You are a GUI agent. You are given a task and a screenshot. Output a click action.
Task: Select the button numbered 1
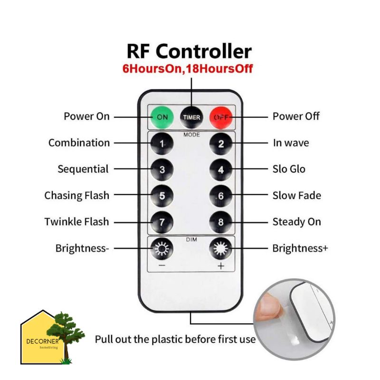[x=162, y=143]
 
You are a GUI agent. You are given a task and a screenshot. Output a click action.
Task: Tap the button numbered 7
[x=162, y=221]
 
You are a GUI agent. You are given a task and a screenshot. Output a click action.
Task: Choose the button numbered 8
[x=220, y=221]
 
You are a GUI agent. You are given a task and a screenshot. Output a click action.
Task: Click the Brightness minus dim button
[x=162, y=248]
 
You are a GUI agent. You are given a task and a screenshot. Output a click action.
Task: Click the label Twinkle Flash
[x=76, y=222]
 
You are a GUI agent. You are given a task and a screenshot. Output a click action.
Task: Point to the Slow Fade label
[x=297, y=196]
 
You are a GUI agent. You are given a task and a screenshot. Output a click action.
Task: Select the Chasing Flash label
[x=76, y=196]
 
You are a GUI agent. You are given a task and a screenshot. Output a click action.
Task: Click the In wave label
[x=291, y=143]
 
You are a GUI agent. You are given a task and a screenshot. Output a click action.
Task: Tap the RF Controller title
[x=189, y=51]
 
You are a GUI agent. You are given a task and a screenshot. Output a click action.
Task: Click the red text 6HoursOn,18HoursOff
[x=188, y=68]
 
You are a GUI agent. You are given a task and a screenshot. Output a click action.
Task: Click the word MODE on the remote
[x=191, y=134]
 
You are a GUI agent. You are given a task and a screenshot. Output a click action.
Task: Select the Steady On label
[x=297, y=222]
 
